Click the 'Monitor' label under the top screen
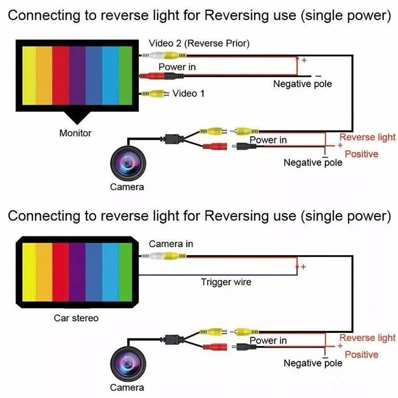(75, 133)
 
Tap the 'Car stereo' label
(76, 318)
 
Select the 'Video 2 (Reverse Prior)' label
(199, 43)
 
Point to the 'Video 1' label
(188, 94)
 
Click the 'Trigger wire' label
(226, 282)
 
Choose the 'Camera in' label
(171, 244)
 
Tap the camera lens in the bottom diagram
(128, 364)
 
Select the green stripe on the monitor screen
(125, 75)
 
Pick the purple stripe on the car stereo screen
(77, 272)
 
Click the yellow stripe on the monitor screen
(29, 75)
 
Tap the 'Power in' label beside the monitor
(177, 67)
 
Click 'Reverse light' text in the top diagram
(367, 137)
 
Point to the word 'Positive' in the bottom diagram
(361, 355)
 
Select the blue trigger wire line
(218, 275)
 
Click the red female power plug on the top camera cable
(215, 146)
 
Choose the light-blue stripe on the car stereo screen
(110, 272)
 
